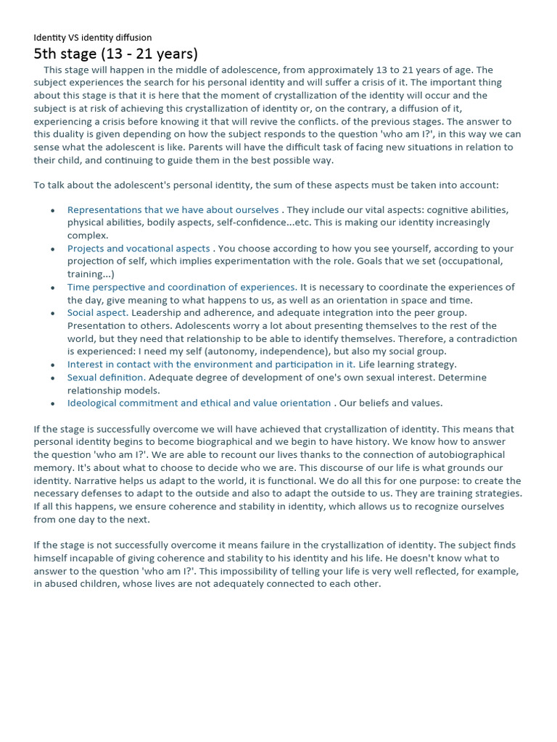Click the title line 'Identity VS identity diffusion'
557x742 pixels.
[93, 38]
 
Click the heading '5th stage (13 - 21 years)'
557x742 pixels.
[116, 54]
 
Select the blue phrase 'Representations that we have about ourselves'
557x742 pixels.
[173, 210]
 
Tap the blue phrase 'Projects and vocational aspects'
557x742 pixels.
[139, 249]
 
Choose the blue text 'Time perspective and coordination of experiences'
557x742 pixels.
[181, 288]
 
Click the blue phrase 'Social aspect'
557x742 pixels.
[97, 313]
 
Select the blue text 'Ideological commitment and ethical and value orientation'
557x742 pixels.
[199, 403]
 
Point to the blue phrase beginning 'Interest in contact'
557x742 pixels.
[211, 364]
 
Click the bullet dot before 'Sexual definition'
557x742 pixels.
[53, 378]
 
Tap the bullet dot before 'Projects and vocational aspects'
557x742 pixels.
[53, 249]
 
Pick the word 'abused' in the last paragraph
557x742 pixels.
[62, 583]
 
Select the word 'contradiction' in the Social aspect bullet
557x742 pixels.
[487, 338]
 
